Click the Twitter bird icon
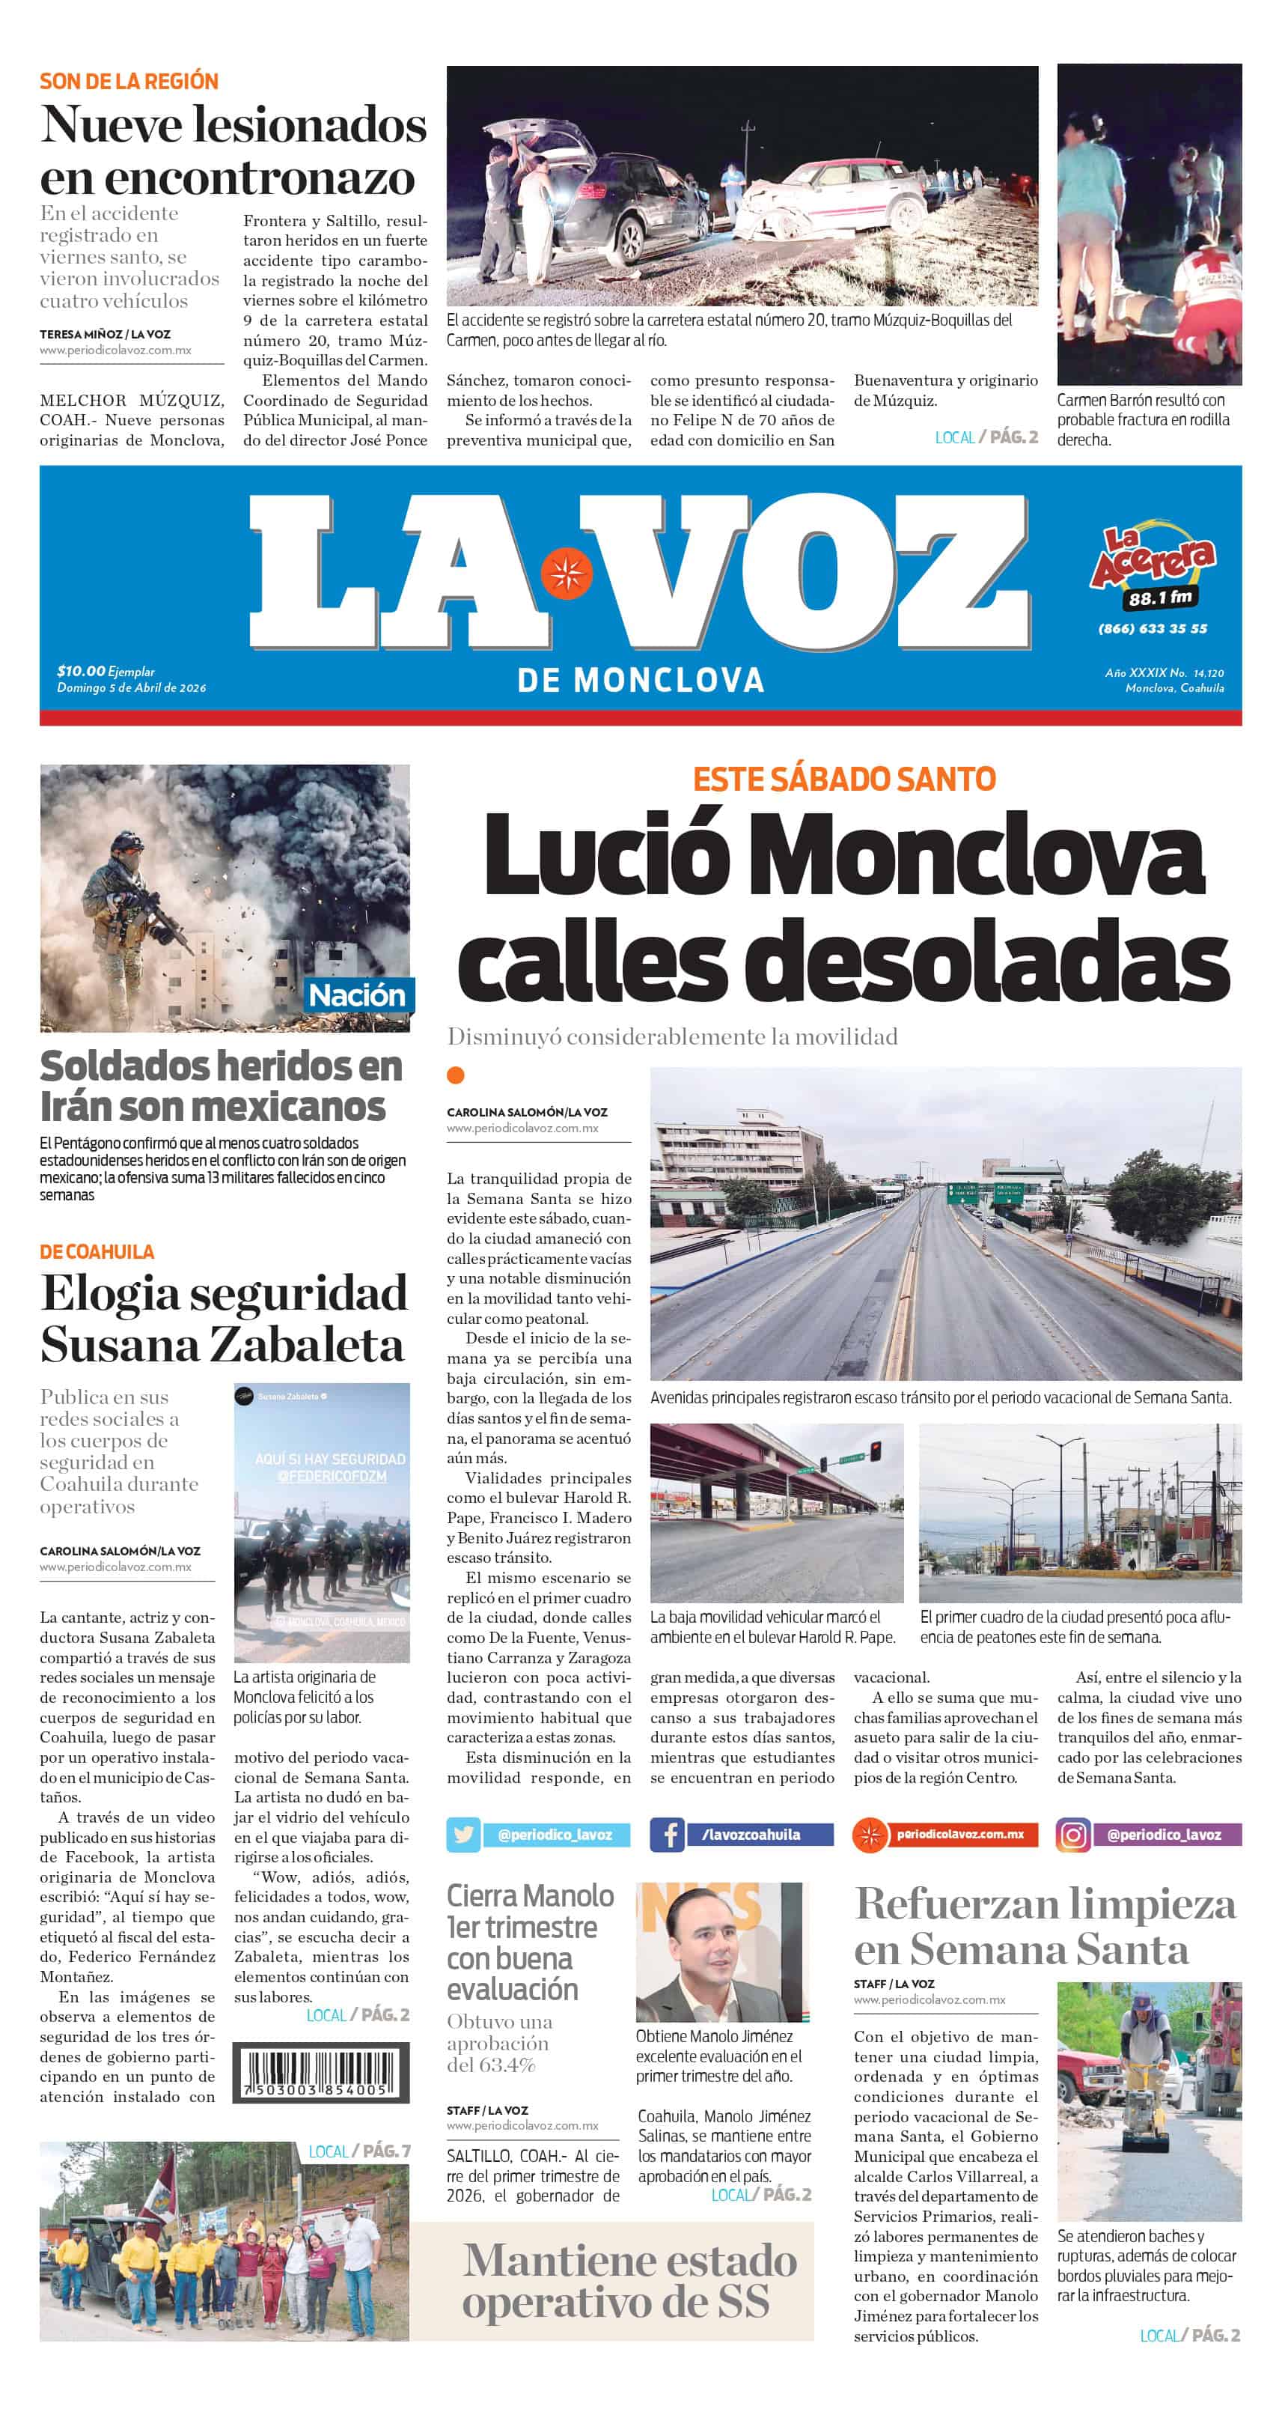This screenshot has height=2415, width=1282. click(463, 1834)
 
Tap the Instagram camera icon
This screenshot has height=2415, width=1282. click(1073, 1834)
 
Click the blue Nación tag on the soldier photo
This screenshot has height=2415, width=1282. click(357, 994)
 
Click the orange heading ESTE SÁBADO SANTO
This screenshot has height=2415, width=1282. click(843, 779)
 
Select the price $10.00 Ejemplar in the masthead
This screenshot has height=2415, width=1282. click(105, 671)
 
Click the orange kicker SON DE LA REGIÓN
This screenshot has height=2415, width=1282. click(129, 82)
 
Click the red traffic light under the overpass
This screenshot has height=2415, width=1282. click(876, 1450)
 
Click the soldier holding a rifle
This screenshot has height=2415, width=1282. click(131, 900)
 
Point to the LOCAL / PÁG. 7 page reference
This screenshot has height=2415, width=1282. click(359, 2151)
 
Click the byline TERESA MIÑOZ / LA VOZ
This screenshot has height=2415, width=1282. click(105, 334)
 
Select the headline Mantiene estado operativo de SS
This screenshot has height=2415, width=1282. click(629, 2280)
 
